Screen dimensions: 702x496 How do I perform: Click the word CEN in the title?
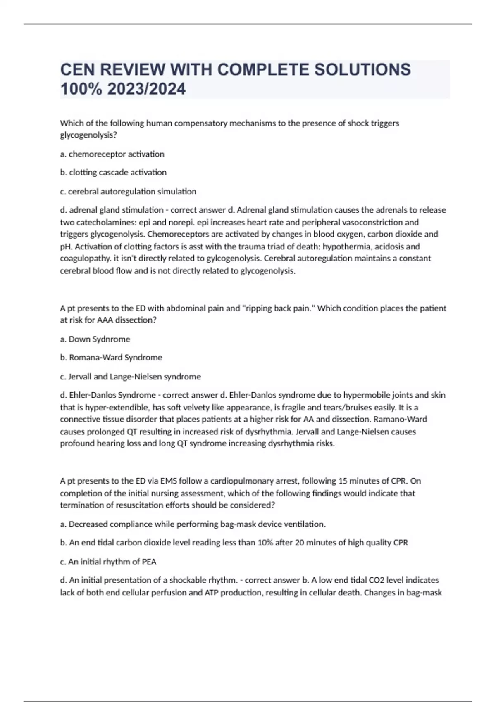pos(77,70)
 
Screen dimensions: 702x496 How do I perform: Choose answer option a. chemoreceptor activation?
pos(112,154)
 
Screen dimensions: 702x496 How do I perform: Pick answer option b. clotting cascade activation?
pos(113,173)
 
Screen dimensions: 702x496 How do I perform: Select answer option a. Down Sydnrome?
pos(95,339)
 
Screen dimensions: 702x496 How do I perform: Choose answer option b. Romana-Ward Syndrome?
pos(111,358)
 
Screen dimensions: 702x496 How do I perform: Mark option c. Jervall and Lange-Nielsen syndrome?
pos(130,377)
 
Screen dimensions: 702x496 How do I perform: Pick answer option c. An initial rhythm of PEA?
pos(108,562)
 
